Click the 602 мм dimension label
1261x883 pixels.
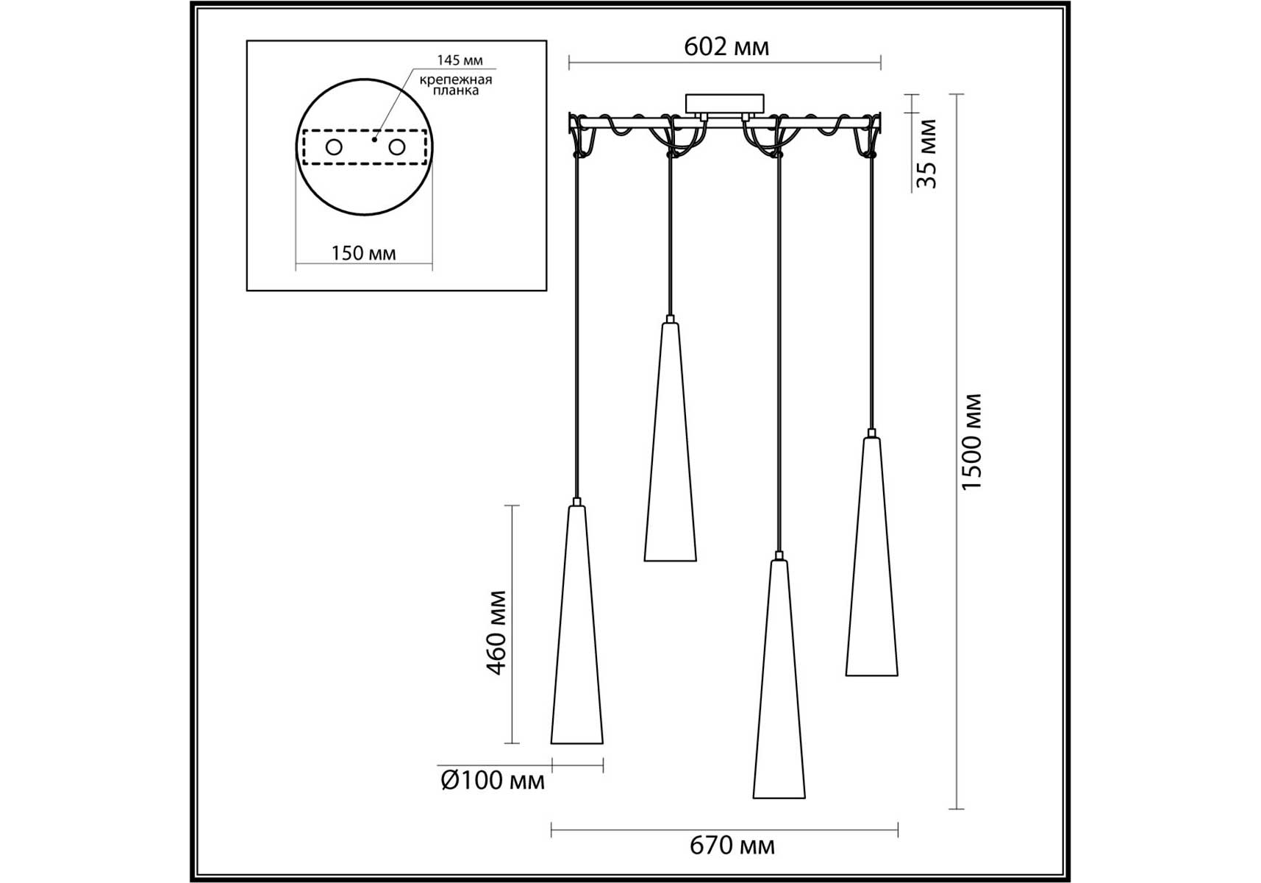[726, 47]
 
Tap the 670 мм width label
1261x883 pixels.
[732, 845]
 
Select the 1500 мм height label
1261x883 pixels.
[971, 441]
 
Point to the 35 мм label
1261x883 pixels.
[927, 153]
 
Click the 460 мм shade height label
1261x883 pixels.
[497, 632]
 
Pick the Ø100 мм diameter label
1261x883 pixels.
[493, 780]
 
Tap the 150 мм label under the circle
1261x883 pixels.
[363, 253]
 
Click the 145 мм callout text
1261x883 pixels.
[460, 60]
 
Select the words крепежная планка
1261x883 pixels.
[456, 85]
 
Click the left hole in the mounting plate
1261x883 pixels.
[334, 147]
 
